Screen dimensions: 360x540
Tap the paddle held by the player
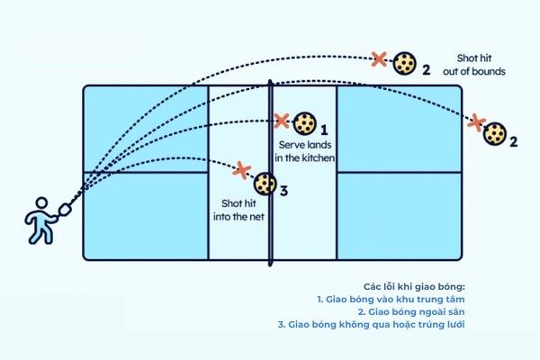click(64, 211)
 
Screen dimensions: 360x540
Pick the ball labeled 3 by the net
click(265, 184)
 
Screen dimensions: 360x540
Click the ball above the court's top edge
click(406, 62)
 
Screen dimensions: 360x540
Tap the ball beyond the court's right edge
click(493, 133)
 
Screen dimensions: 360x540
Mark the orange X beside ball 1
click(281, 120)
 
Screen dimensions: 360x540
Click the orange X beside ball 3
click(240, 168)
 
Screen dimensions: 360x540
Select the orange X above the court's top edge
click(380, 59)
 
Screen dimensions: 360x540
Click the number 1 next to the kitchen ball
click(324, 130)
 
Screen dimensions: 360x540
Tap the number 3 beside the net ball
click(283, 191)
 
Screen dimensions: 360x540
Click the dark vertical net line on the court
click(271, 225)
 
